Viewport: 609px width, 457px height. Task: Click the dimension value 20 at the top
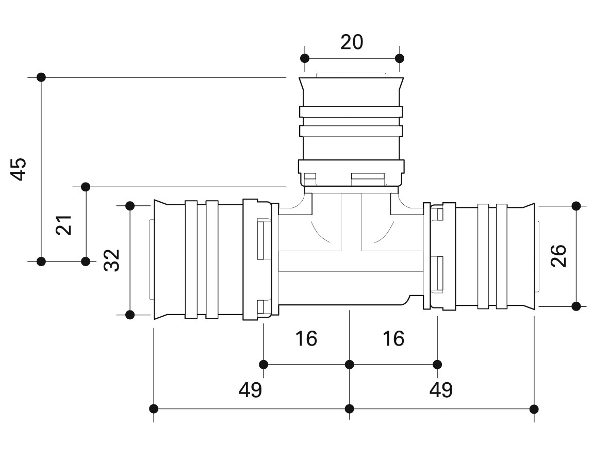point(352,42)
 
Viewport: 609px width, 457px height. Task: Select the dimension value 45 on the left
point(19,169)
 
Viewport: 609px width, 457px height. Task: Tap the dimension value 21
point(64,224)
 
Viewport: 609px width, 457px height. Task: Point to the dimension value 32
point(111,260)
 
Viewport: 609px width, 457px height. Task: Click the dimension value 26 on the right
point(558,256)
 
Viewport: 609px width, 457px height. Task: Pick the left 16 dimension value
point(306,339)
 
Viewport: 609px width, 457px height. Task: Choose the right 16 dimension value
point(393,339)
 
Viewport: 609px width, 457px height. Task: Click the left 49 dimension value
point(250,390)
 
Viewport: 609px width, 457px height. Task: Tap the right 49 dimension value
point(441,390)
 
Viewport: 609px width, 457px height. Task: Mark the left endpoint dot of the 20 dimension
point(305,58)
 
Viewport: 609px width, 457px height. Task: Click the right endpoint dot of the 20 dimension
point(399,58)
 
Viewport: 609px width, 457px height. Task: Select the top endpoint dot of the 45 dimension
point(41,77)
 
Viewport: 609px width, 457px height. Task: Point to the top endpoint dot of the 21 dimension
point(86,186)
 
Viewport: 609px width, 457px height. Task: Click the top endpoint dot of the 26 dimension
point(577,206)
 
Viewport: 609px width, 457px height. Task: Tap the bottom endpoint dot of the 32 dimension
point(130,315)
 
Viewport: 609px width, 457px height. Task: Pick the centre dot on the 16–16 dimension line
point(350,365)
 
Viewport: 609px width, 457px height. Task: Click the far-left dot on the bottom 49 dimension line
point(154,409)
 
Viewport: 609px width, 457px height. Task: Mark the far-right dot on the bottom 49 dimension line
point(534,409)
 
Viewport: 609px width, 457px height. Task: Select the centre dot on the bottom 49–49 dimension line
point(350,409)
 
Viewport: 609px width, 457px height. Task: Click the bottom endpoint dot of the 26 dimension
point(577,306)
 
